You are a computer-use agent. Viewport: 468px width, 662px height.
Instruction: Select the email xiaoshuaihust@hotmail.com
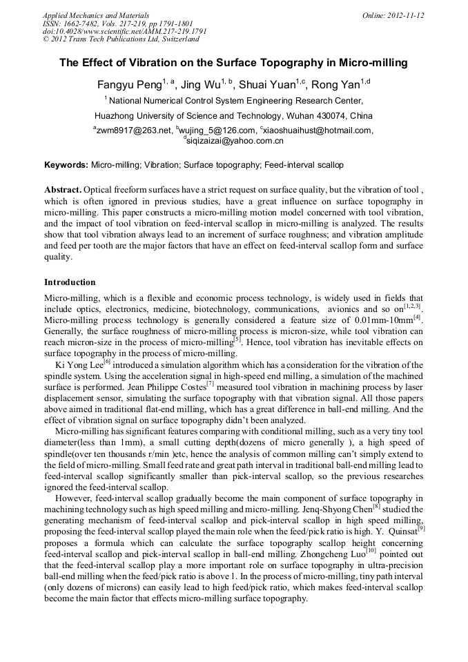click(318, 130)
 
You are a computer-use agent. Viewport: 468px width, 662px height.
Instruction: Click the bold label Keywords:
click(66, 166)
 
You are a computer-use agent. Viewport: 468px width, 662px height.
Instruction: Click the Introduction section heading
click(70, 282)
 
